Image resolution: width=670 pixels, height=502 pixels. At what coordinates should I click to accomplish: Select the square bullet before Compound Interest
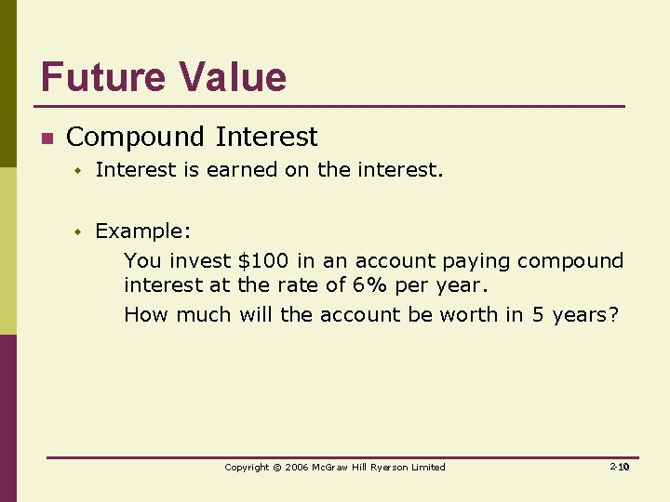click(x=46, y=139)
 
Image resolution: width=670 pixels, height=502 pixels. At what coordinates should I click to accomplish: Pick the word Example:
click(x=143, y=231)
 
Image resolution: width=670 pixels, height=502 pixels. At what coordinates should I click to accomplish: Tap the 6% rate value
click(x=368, y=284)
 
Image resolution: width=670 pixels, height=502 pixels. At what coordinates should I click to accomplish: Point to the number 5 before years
click(x=538, y=314)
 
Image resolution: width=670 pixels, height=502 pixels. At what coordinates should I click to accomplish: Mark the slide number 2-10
click(x=620, y=467)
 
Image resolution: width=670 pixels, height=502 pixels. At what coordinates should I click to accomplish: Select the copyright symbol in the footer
click(x=276, y=467)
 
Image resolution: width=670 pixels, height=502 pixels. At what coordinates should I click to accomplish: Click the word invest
click(x=199, y=260)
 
